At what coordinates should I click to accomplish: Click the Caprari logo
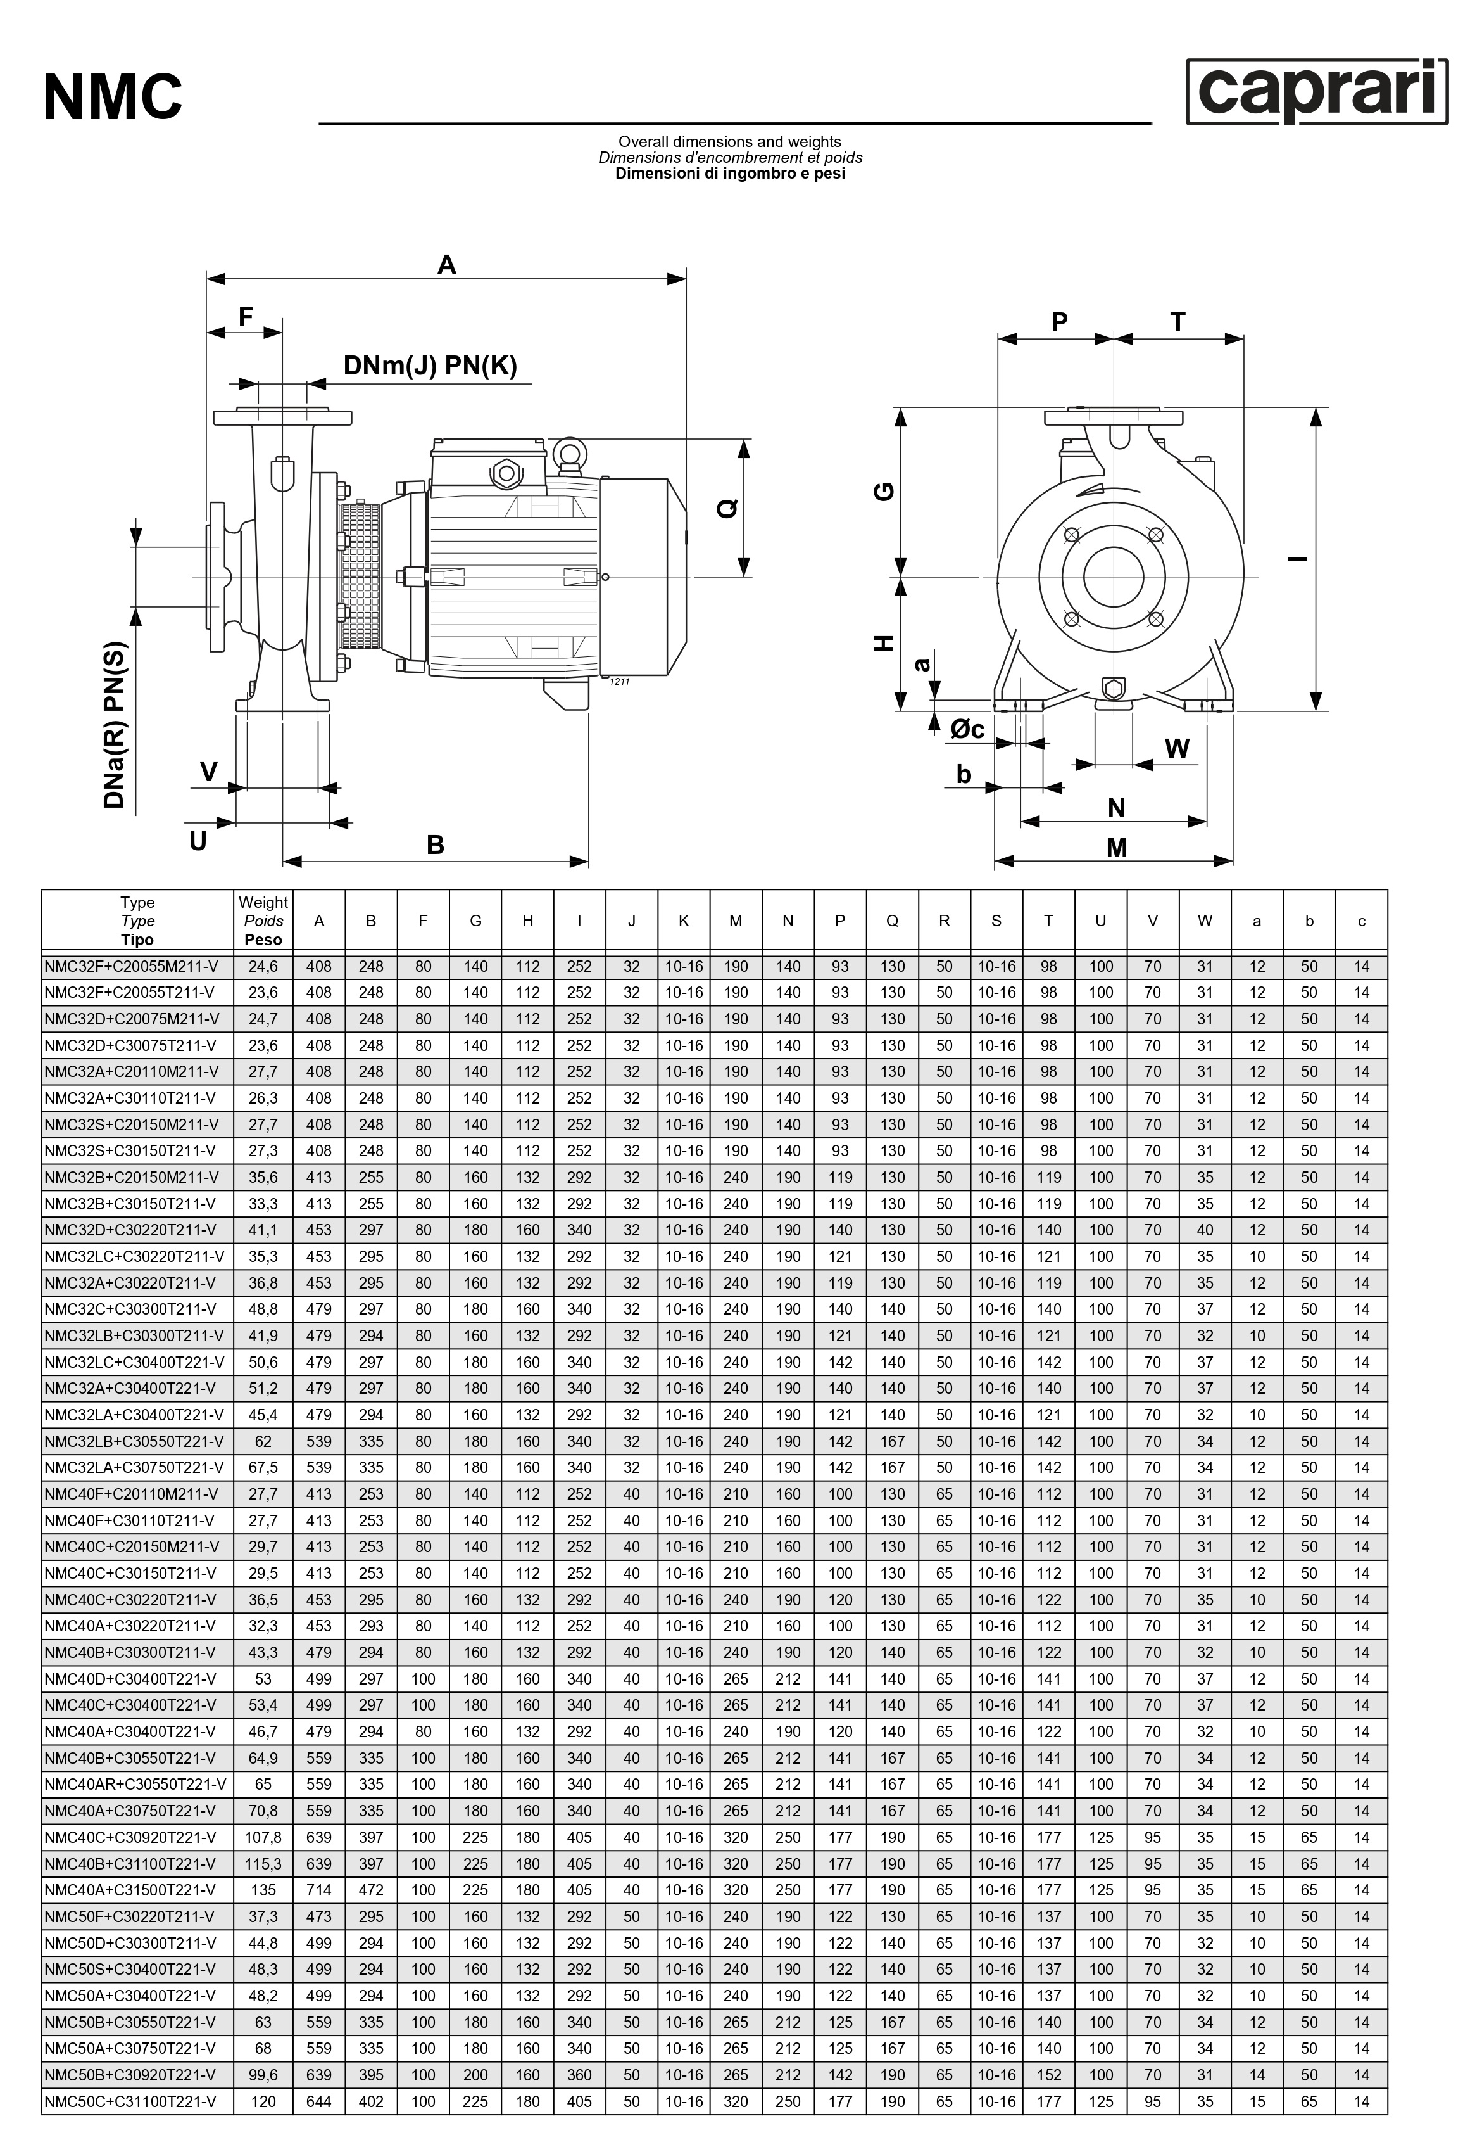[x=1317, y=91]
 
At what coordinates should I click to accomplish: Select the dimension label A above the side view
[x=447, y=265]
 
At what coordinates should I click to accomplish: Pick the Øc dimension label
[x=967, y=729]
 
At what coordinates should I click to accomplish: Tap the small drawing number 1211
[x=619, y=682]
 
